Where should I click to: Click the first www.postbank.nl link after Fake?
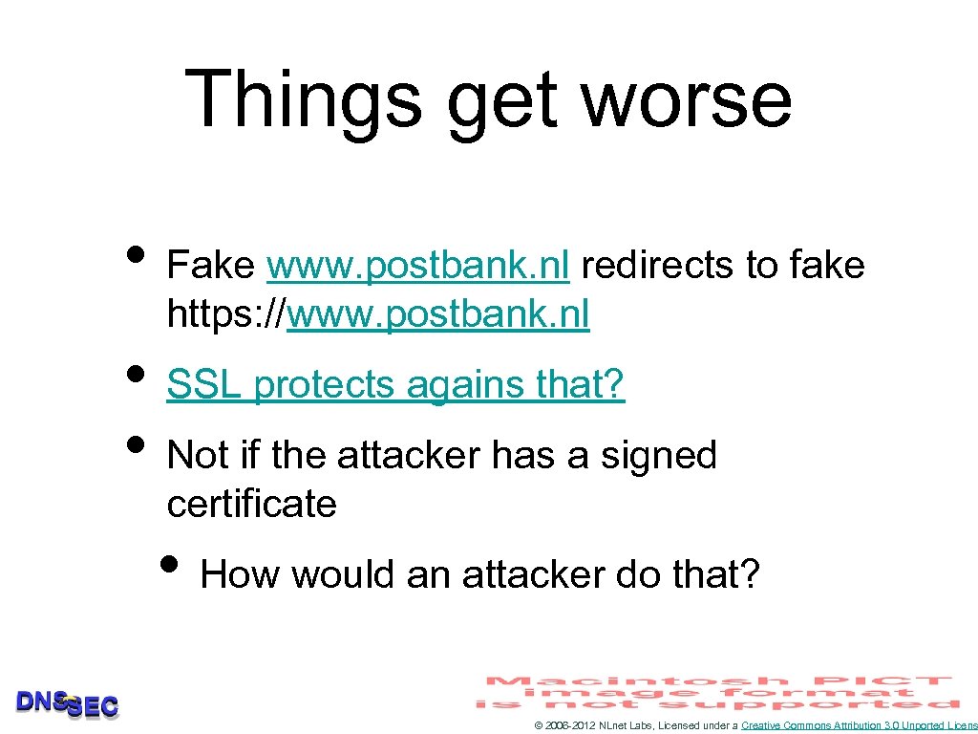tap(418, 265)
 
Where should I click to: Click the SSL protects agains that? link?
tap(395, 384)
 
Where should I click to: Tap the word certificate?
tap(251, 504)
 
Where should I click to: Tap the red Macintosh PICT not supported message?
tap(718, 692)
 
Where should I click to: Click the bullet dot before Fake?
tap(138, 255)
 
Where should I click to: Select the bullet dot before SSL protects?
tap(138, 375)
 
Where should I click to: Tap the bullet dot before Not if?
tap(138, 445)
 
